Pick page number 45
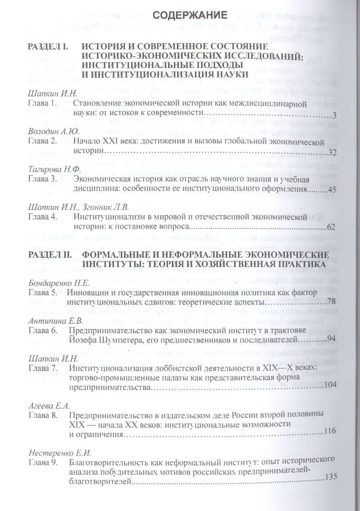click(332, 190)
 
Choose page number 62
click(331, 227)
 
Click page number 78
click(331, 302)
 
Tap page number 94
click(331, 338)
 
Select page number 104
click(329, 385)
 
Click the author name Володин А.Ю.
click(53, 132)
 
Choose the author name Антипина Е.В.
click(55, 320)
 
